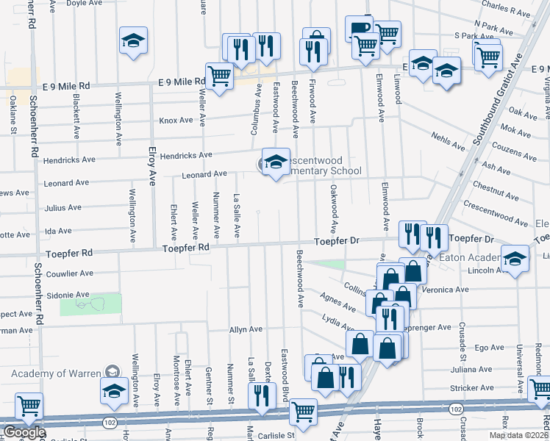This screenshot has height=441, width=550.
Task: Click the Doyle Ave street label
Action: (84, 3)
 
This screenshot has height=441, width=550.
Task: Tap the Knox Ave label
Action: (176, 121)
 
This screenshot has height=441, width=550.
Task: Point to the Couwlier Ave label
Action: (69, 273)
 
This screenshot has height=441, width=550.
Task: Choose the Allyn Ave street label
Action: (246, 330)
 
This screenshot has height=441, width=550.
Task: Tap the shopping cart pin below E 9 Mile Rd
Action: (219, 76)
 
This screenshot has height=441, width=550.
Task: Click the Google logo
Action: (24, 432)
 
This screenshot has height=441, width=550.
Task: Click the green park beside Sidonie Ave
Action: (90, 303)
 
